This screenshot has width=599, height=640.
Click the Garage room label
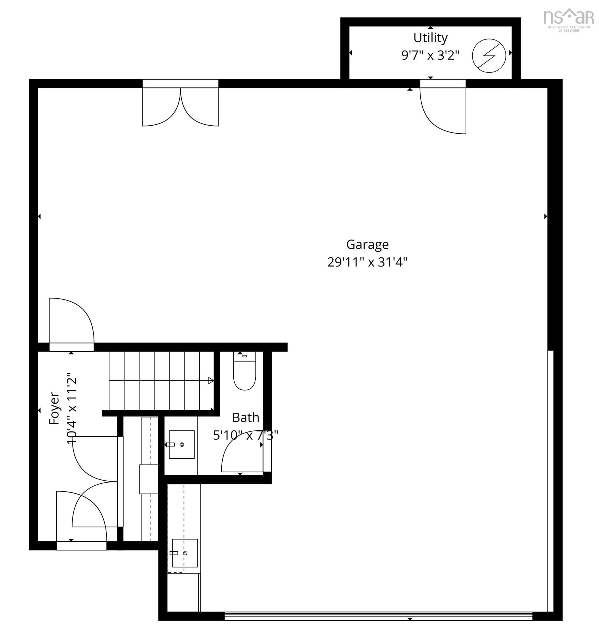[x=367, y=245]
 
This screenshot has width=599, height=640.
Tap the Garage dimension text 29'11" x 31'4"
[x=367, y=262]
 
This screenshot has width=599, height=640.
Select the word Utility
[x=430, y=38]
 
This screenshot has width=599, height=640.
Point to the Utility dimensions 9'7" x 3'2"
[x=430, y=56]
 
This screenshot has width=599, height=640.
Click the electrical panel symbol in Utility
[x=489, y=56]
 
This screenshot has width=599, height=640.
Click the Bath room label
[x=246, y=418]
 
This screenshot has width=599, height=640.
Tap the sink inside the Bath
[x=182, y=444]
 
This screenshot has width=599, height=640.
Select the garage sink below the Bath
[x=185, y=553]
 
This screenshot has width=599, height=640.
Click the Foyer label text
[x=54, y=409]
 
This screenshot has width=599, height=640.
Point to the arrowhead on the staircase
[x=211, y=381]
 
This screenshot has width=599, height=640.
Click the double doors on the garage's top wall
[x=180, y=107]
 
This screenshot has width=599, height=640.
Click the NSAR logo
[x=568, y=19]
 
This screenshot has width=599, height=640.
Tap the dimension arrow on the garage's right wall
[x=545, y=216]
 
